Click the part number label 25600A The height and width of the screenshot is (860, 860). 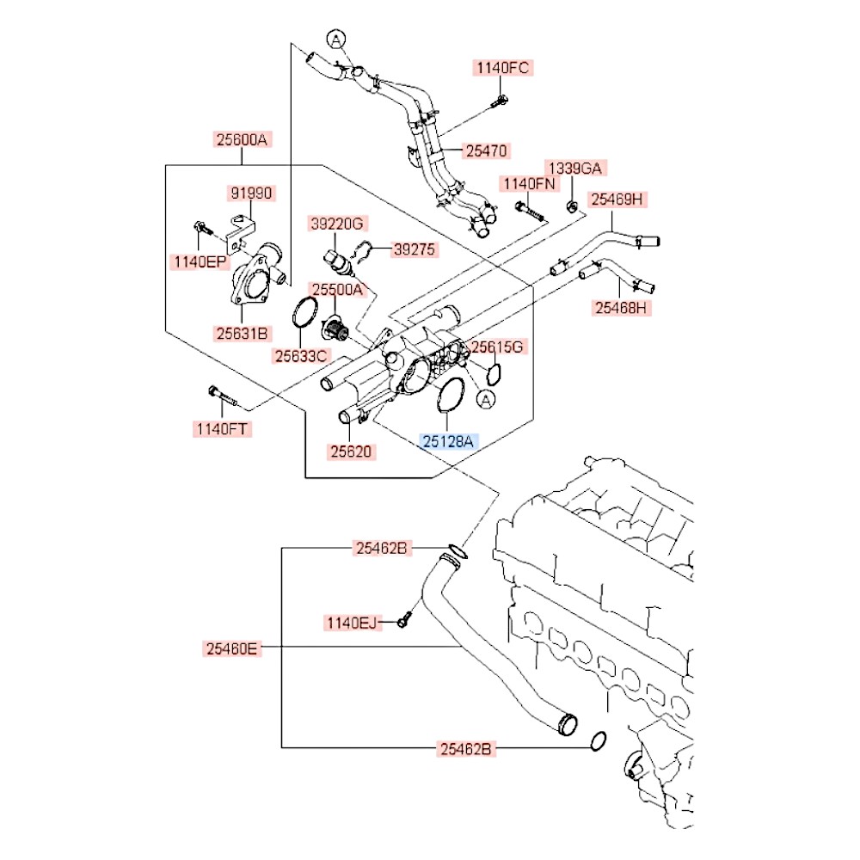(x=242, y=140)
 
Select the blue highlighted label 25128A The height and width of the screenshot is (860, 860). (x=448, y=441)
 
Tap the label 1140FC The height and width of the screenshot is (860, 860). (x=502, y=68)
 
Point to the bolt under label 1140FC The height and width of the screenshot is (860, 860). (x=501, y=101)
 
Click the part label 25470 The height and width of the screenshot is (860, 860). (x=487, y=150)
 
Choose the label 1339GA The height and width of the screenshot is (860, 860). (x=575, y=169)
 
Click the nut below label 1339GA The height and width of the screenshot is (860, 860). (x=571, y=206)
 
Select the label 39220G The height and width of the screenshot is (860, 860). (x=337, y=224)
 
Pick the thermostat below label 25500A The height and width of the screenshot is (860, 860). (x=334, y=328)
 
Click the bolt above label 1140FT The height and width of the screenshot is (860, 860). (x=221, y=396)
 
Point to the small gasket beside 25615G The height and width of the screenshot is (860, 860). (x=493, y=373)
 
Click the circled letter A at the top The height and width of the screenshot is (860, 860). (x=335, y=40)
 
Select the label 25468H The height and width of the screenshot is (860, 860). (x=621, y=308)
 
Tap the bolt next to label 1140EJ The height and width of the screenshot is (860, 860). (x=404, y=620)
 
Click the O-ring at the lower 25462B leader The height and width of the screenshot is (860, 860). (x=599, y=741)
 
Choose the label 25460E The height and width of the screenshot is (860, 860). (x=231, y=648)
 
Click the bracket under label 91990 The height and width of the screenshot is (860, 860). (x=241, y=233)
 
